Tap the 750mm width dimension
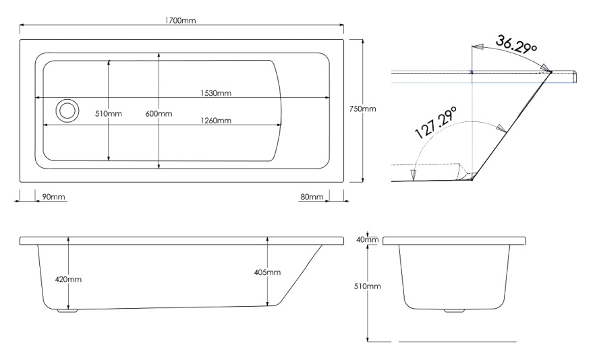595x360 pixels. pyautogui.click(x=362, y=109)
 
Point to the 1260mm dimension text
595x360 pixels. pyautogui.click(x=216, y=121)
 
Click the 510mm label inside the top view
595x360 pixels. pyautogui.click(x=108, y=114)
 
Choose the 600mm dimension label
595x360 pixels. pyautogui.click(x=159, y=114)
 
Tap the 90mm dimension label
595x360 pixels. pyautogui.click(x=53, y=197)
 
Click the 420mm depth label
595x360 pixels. pyautogui.click(x=69, y=279)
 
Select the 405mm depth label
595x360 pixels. pyautogui.click(x=268, y=272)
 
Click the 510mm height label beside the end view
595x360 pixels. pyautogui.click(x=368, y=287)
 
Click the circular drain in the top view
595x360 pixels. pyautogui.click(x=67, y=111)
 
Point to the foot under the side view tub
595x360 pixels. pyautogui.click(x=67, y=311)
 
